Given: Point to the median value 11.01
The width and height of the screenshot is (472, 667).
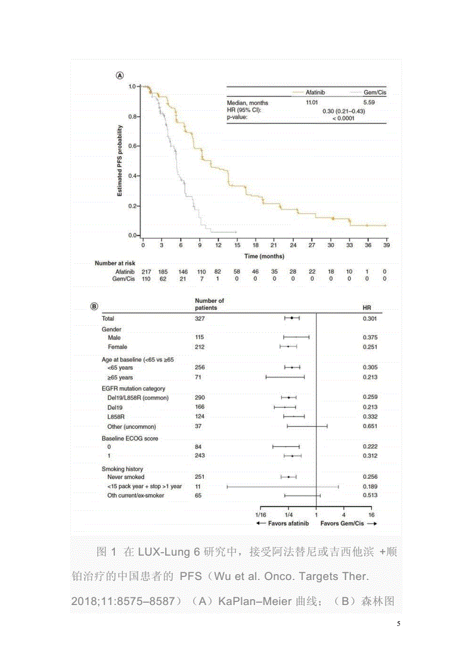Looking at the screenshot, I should (x=312, y=103).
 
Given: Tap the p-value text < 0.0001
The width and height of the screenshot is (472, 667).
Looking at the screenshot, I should (x=343, y=117).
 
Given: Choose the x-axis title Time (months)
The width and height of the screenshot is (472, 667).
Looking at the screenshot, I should (x=264, y=256).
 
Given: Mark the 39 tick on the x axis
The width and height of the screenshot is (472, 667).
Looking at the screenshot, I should (x=386, y=245).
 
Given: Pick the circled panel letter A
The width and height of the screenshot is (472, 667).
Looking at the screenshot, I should (x=119, y=76).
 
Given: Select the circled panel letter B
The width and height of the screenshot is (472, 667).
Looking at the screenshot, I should (x=94, y=307).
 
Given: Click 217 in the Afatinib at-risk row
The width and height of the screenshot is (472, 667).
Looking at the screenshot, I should (x=145, y=271).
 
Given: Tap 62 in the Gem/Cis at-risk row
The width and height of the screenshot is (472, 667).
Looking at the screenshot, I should (x=163, y=279).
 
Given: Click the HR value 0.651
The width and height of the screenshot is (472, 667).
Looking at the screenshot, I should (x=371, y=426).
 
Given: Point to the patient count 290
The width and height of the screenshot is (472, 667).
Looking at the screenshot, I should (x=200, y=397).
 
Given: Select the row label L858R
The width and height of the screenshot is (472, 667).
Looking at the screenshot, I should (x=116, y=417).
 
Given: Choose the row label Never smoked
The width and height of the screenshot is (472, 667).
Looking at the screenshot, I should (x=126, y=477).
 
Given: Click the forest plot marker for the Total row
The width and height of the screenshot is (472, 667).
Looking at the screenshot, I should (x=291, y=319).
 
